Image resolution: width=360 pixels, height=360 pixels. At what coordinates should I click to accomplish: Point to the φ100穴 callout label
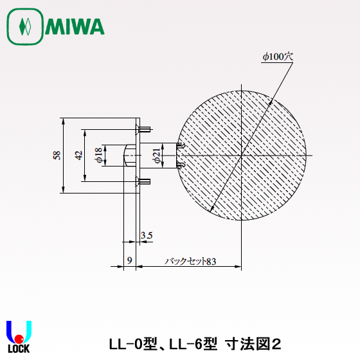[x=277, y=57]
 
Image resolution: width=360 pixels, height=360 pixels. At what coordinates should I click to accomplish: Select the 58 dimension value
[x=57, y=155]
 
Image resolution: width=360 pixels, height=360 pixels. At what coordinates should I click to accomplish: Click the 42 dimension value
[x=78, y=155]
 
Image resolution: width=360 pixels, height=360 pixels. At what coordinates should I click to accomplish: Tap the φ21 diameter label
[x=157, y=155]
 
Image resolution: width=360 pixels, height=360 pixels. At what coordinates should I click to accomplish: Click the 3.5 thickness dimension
[x=147, y=237]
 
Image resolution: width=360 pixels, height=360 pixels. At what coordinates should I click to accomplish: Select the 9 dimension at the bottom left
[x=129, y=260]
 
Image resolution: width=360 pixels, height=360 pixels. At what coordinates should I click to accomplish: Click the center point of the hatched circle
[x=241, y=156]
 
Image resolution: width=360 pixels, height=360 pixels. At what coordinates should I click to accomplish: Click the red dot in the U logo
[x=19, y=338]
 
